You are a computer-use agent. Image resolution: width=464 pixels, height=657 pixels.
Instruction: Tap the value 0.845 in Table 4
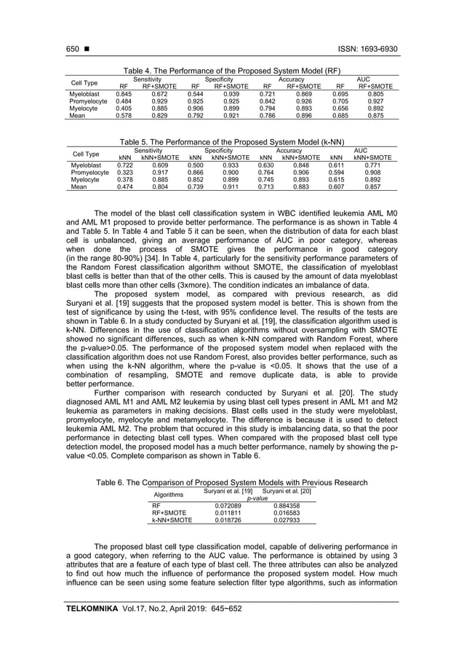point(124,94)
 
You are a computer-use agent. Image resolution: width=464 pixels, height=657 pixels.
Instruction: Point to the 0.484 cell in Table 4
point(124,101)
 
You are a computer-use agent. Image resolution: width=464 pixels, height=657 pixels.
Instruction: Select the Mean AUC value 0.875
point(375,115)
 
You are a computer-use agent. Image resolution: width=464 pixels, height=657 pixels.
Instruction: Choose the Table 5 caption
point(232,143)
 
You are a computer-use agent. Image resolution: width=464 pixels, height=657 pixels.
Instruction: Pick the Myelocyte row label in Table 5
point(84,179)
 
